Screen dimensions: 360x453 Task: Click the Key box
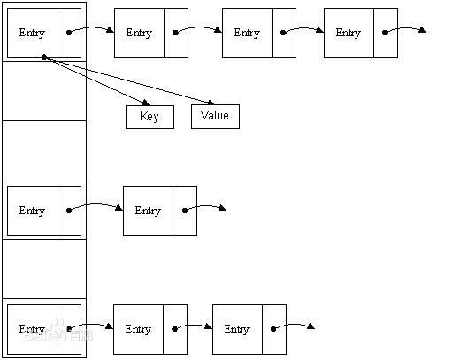click(150, 117)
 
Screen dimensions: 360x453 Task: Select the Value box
click(215, 116)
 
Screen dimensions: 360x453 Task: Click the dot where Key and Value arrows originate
click(43, 57)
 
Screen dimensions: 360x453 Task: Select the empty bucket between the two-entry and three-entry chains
click(44, 268)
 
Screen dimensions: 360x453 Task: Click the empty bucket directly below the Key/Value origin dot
click(44, 91)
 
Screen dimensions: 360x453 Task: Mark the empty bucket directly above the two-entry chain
click(44, 149)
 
